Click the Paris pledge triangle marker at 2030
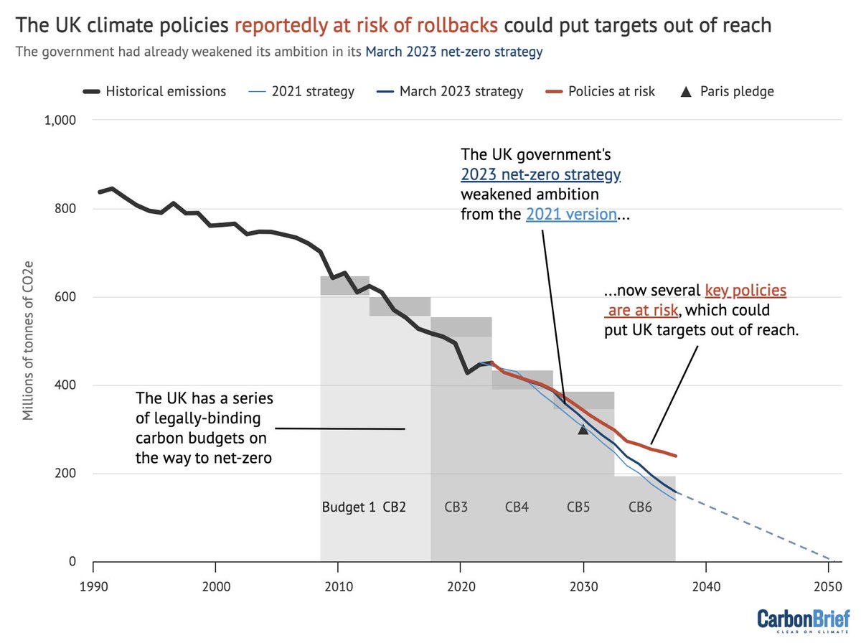click(583, 428)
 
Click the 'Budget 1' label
click(349, 507)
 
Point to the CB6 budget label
click(640, 507)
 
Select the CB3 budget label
click(456, 507)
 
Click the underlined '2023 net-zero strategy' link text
click(540, 174)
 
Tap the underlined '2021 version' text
click(571, 214)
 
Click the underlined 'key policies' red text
click(745, 291)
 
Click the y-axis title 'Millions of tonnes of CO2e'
click(29, 340)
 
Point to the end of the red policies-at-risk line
click(675, 456)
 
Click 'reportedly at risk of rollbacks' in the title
click(366, 26)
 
